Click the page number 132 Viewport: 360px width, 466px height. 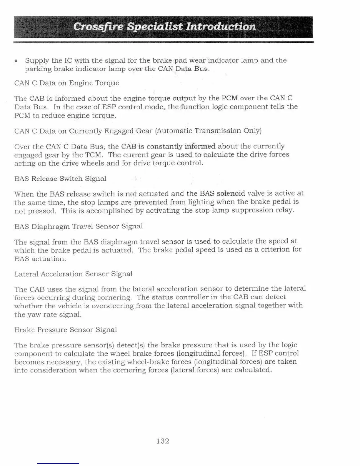pos(163,441)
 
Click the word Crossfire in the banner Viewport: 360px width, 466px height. pos(98,27)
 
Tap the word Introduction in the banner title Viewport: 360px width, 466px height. pos(221,27)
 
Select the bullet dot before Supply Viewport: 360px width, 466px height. pos(16,61)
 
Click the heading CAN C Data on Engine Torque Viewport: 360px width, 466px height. pos(66,83)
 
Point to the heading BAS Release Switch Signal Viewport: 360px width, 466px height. pos(60,179)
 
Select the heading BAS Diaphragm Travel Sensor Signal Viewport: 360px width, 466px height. pos(79,226)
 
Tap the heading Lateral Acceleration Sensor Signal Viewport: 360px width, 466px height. pos(74,274)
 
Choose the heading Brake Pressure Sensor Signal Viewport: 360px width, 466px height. pos(66,330)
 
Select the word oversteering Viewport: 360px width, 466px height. pos(113,306)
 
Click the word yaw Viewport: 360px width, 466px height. pos(34,314)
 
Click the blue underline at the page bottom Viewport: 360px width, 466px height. pos(58,464)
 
